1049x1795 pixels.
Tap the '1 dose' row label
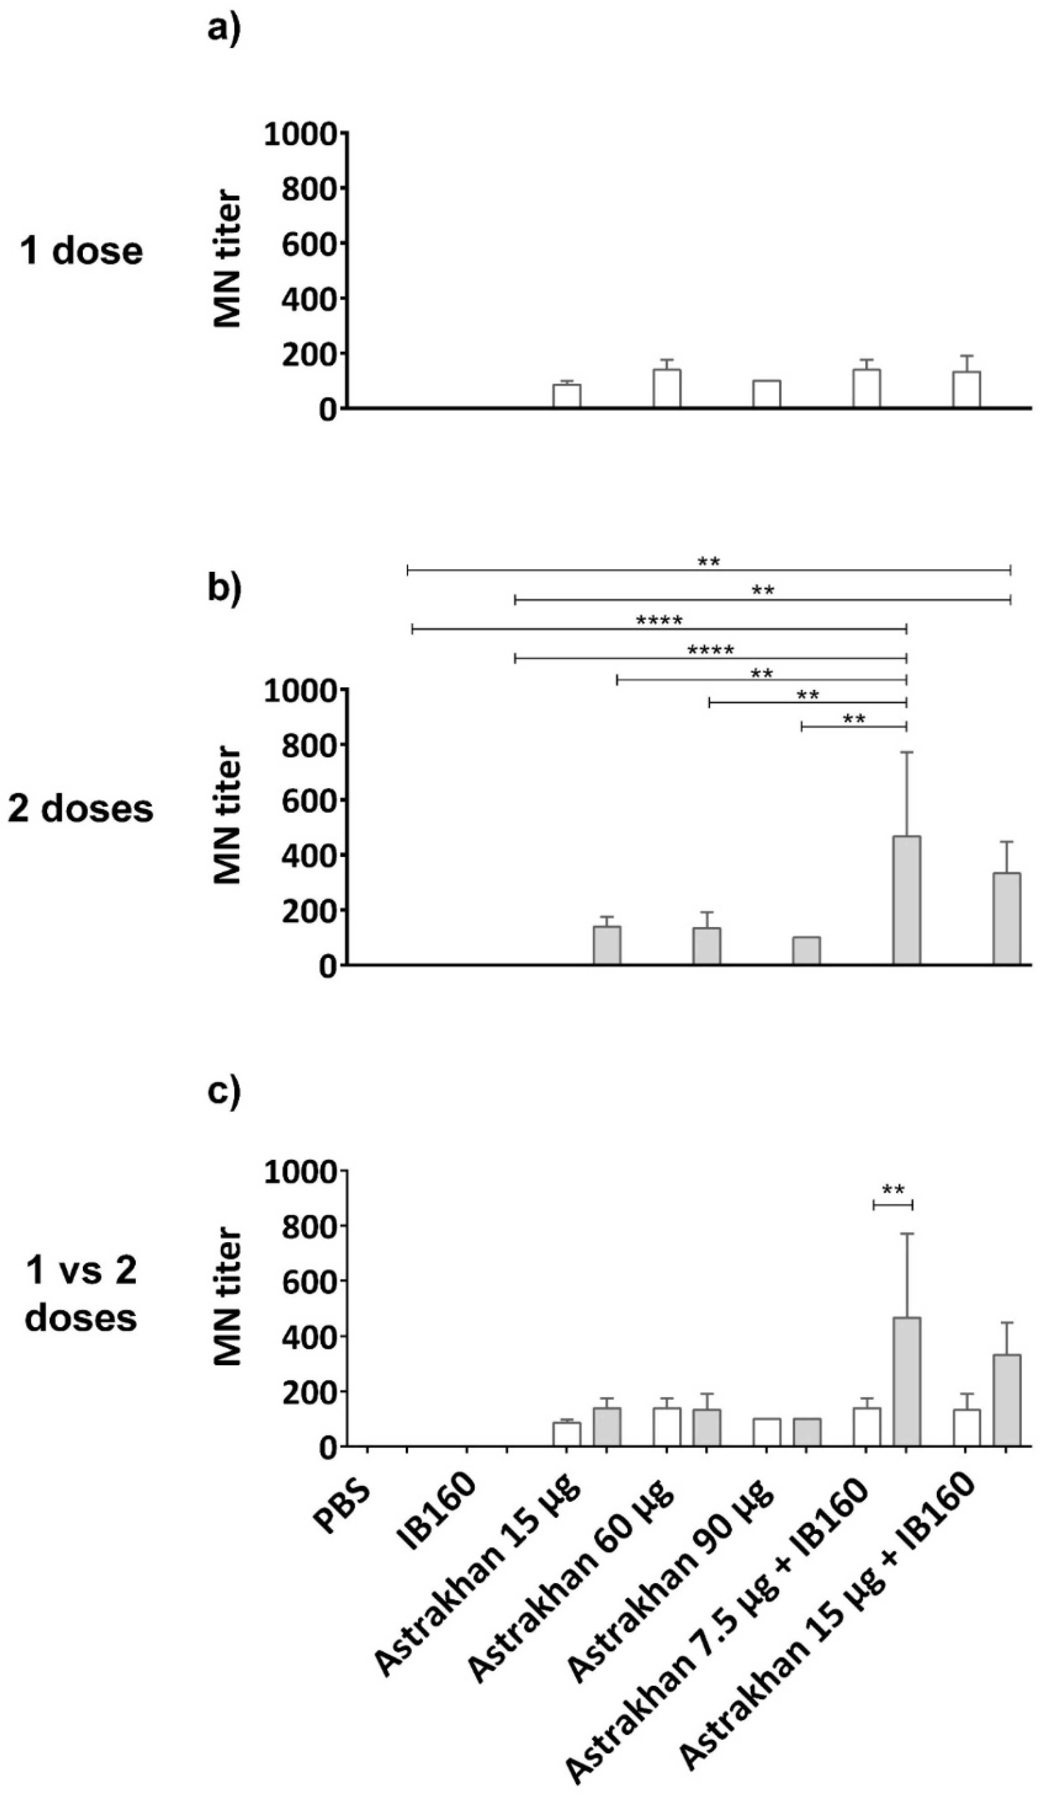(82, 251)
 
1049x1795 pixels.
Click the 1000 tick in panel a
(300, 134)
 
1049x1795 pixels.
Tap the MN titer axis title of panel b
(228, 815)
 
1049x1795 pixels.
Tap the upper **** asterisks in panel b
(659, 621)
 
